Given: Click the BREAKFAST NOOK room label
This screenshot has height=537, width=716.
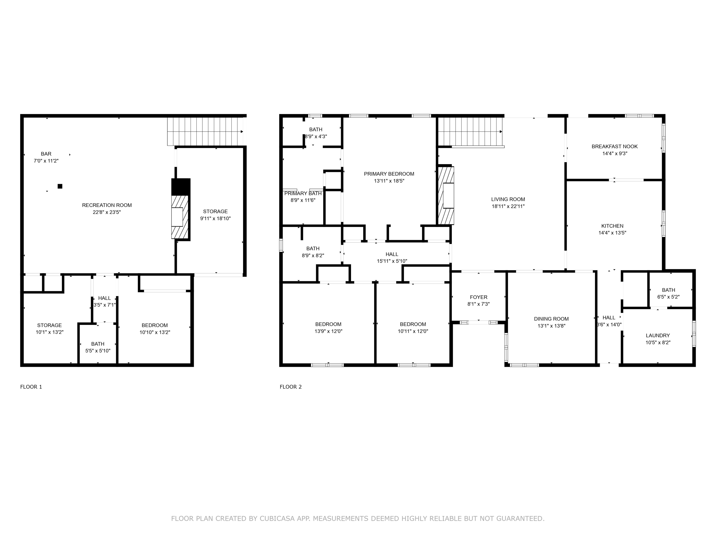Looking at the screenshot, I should [614, 146].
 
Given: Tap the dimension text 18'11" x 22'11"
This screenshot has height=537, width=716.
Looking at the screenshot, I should [508, 206].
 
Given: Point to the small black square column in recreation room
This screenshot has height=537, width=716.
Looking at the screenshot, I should [60, 186].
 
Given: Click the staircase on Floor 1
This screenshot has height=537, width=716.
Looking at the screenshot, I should [205, 132].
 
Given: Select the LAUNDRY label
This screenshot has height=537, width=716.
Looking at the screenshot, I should [658, 335].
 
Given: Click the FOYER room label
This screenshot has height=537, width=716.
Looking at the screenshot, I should [478, 297].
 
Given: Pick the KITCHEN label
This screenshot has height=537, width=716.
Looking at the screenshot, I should [612, 226].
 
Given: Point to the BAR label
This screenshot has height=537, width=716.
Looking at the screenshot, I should [46, 154].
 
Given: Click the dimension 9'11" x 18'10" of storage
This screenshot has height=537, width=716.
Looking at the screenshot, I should [215, 218].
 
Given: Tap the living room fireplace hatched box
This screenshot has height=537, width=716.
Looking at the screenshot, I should [446, 196].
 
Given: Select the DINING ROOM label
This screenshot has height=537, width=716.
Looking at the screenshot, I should [551, 319].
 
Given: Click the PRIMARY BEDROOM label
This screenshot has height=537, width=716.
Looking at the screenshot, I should [389, 174].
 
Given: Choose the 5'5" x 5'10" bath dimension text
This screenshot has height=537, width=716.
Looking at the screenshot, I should [98, 351].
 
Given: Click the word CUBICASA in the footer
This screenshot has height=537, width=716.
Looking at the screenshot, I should [277, 519].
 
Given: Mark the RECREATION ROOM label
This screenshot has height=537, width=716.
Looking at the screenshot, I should [107, 205].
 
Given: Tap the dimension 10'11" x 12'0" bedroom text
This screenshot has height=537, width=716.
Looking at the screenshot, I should [413, 331].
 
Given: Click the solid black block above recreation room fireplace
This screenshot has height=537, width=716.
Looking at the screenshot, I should [181, 187].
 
